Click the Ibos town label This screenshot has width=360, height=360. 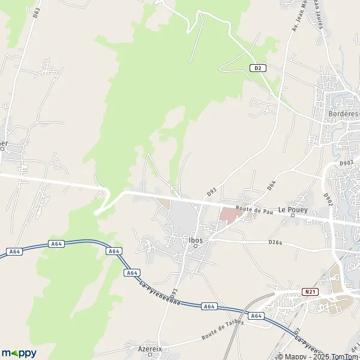[x=196, y=240]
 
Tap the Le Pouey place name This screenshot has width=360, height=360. [x=292, y=211]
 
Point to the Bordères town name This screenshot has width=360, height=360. [x=343, y=114]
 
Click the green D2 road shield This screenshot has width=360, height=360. [x=258, y=68]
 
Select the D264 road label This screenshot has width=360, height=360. [x=275, y=242]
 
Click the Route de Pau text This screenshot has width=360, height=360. [x=250, y=209]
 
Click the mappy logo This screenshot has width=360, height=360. [x=19, y=353]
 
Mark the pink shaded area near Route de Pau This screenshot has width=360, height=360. [x=228, y=214]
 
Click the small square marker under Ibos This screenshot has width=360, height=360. [x=196, y=246]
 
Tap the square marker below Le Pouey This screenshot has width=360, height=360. [x=292, y=217]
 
